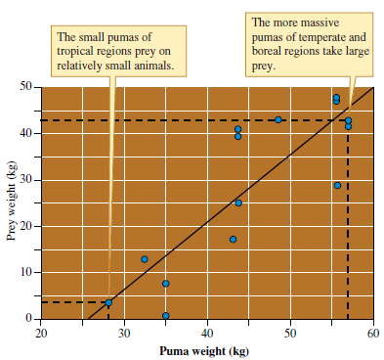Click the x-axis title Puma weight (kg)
tap(206, 351)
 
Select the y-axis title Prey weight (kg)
tap(12, 203)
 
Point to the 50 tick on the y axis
tap(26, 88)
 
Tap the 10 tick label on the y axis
tap(26, 271)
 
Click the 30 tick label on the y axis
tap(26, 180)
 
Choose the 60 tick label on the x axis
tap(373, 335)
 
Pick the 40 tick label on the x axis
tap(207, 335)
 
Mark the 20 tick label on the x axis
tap(40, 335)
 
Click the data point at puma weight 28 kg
tap(108, 303)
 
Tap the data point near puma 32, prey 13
tap(145, 259)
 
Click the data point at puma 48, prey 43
tap(278, 119)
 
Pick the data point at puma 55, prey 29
tap(338, 185)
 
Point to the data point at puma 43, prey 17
tap(234, 239)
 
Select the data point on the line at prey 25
tap(238, 202)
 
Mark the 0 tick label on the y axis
tap(29, 317)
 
